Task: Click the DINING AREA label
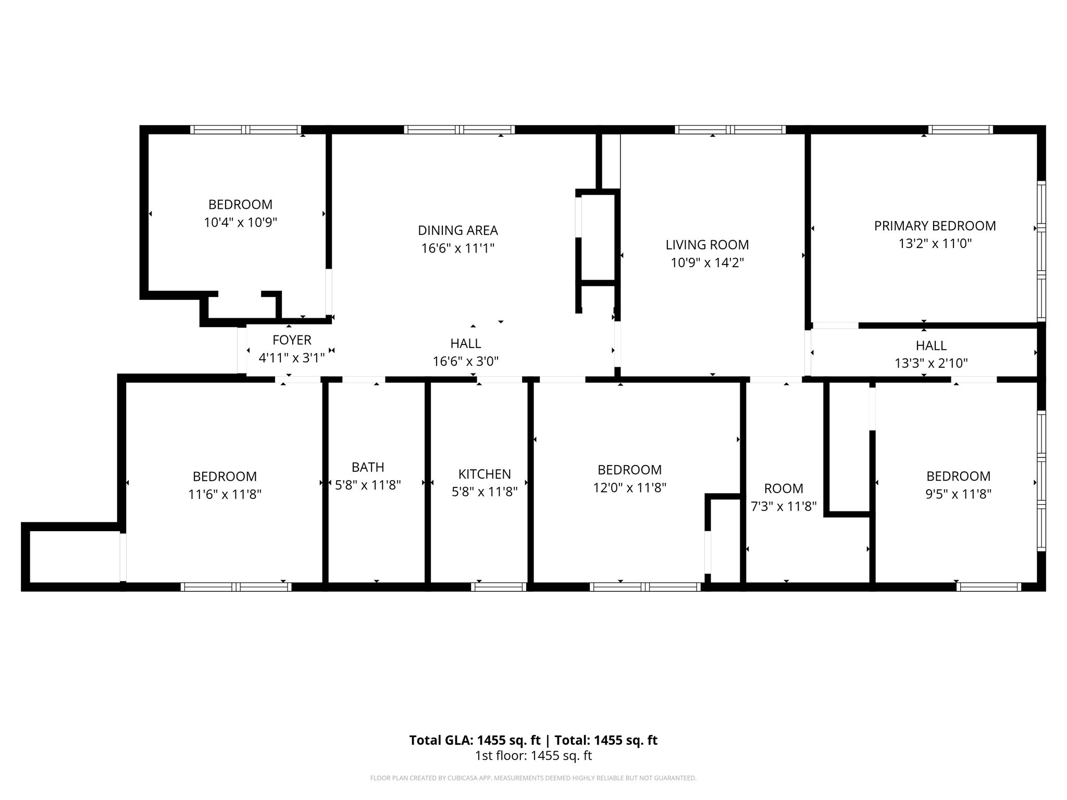pos(457,230)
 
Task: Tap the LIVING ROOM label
pos(707,245)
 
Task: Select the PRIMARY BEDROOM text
pos(935,226)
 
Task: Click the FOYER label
pos(292,340)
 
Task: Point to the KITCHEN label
pos(484,474)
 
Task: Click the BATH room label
pos(368,467)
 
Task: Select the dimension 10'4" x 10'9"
pos(240,223)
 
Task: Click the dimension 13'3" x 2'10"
pos(931,364)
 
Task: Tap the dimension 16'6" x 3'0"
pos(465,361)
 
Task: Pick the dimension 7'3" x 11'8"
pos(783,507)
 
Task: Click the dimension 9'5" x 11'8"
pos(958,494)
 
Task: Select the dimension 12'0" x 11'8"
pos(629,488)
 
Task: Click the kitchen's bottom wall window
pos(499,587)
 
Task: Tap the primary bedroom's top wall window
pos(960,130)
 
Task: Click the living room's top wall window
pos(730,130)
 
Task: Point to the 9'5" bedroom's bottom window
pos(988,587)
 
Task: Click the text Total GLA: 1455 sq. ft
pos(475,740)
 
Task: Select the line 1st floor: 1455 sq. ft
pos(533,756)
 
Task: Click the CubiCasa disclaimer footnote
pos(533,778)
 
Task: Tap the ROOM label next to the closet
pos(783,489)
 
